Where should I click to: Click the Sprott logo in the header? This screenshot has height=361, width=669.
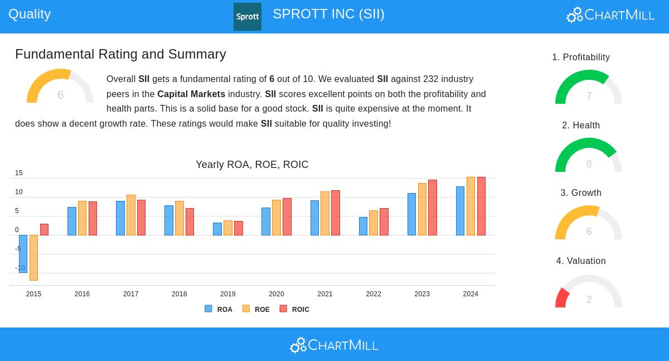click(x=247, y=17)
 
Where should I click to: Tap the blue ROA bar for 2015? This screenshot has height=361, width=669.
click(x=23, y=253)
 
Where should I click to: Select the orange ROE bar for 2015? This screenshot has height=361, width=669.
click(x=33, y=257)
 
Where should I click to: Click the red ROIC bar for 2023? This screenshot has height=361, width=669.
click(x=433, y=208)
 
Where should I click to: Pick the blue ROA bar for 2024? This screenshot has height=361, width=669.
click(x=460, y=211)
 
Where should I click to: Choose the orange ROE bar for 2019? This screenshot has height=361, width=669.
click(x=227, y=228)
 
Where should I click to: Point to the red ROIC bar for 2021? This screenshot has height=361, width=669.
click(x=336, y=213)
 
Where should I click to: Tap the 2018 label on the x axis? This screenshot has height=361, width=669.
click(x=179, y=294)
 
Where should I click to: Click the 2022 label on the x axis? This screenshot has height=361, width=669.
click(x=374, y=294)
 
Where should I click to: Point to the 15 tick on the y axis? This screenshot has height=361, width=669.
click(x=19, y=173)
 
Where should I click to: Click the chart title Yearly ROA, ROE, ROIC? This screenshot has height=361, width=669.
click(x=252, y=165)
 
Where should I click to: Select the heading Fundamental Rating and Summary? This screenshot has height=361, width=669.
click(x=120, y=54)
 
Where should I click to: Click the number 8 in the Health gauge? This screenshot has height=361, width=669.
click(x=589, y=164)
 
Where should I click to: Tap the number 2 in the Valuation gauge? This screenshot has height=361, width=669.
click(x=589, y=300)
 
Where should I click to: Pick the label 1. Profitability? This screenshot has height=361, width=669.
click(x=581, y=57)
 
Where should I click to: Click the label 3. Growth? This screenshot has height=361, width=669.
click(x=581, y=193)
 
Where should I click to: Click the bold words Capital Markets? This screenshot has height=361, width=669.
click(x=191, y=94)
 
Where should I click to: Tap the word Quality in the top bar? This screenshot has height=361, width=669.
click(x=30, y=14)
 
